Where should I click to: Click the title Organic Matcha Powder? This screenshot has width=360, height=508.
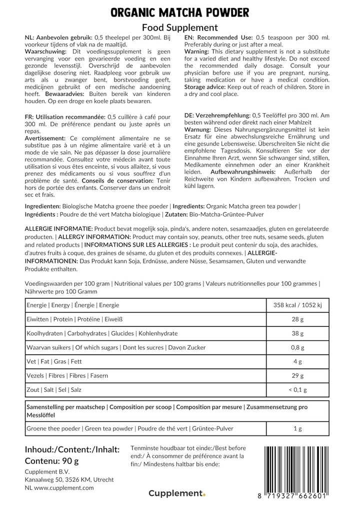click(179, 12)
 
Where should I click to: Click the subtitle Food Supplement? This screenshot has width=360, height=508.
click(179, 28)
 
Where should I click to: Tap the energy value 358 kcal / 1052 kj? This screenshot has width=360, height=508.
click(297, 305)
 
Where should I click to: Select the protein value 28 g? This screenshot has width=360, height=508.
click(297, 319)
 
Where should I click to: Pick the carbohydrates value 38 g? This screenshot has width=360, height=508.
click(297, 333)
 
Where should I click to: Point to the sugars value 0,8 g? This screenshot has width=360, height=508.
click(297, 347)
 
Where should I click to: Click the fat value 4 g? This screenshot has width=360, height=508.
click(297, 361)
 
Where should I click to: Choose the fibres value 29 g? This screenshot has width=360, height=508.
click(297, 375)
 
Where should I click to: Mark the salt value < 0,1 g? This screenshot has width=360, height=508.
click(297, 389)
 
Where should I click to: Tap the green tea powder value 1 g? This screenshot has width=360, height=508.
click(297, 428)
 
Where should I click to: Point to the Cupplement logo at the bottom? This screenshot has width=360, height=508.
click(177, 493)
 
